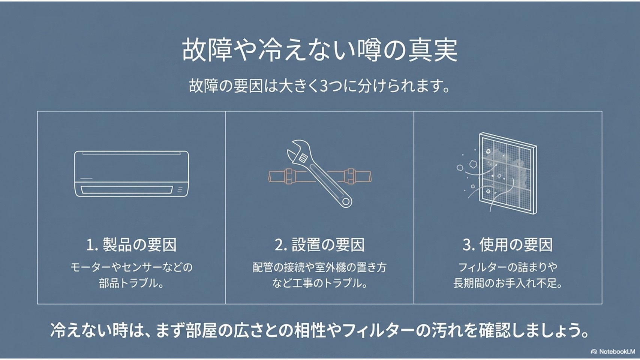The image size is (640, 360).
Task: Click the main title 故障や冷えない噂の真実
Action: tap(320, 50)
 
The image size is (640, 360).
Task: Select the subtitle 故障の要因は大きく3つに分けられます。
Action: tap(319, 86)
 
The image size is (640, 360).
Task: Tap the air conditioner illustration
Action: tap(132, 174)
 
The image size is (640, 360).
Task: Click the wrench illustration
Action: tap(319, 173)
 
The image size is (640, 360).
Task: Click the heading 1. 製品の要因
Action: tap(132, 244)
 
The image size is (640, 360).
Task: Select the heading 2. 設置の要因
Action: tap(319, 244)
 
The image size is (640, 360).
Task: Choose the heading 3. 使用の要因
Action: tap(508, 244)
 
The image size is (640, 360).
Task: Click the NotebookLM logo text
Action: tap(617, 351)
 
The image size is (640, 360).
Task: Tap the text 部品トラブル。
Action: tap(132, 283)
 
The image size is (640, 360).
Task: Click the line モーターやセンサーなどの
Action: tap(132, 267)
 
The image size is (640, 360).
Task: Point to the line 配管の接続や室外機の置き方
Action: tap(319, 267)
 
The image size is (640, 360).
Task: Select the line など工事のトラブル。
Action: tap(319, 283)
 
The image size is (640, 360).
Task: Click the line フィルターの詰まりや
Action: tap(508, 267)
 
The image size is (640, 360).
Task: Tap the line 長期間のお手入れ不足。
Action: tap(508, 283)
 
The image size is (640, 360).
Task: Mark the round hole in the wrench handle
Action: tap(346, 201)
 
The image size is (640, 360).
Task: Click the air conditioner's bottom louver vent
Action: tap(127, 189)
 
